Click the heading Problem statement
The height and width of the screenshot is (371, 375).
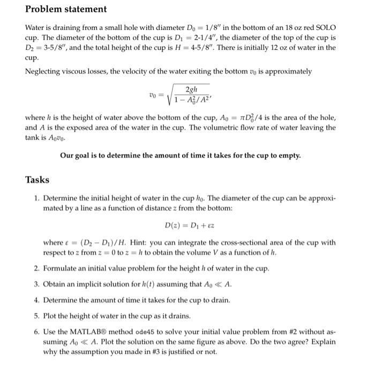pos(66,9)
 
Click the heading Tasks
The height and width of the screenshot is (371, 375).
pos(37,180)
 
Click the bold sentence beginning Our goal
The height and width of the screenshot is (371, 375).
pos(181,155)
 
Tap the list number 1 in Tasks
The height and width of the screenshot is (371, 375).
pos(36,198)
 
